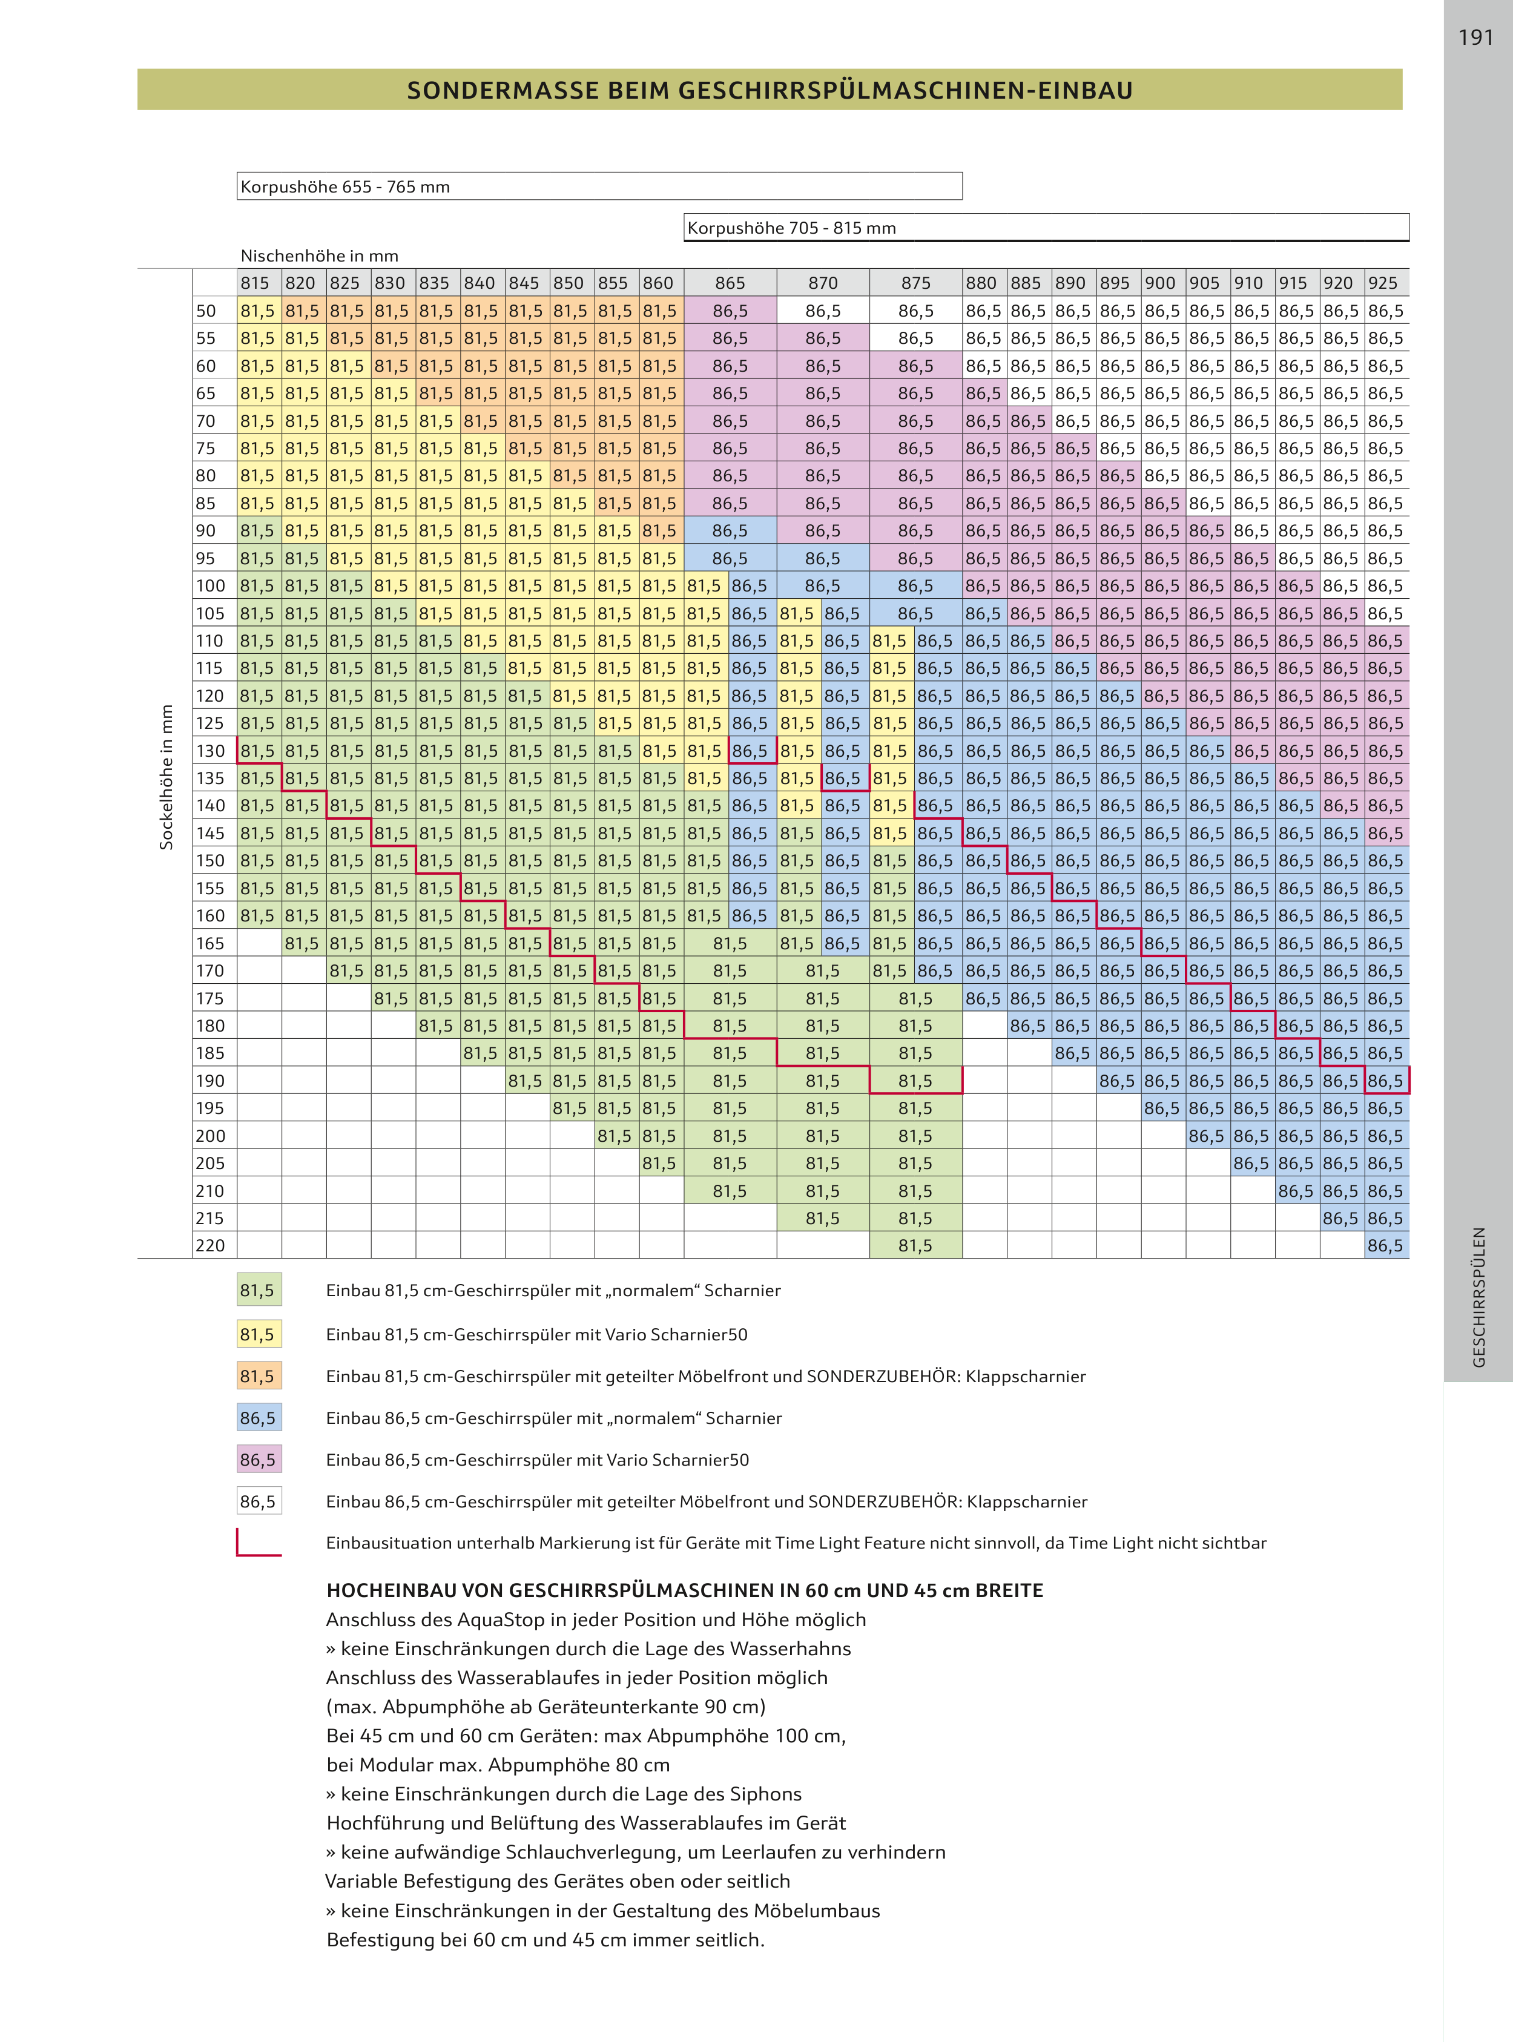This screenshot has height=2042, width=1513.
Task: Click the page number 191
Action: pyautogui.click(x=1475, y=38)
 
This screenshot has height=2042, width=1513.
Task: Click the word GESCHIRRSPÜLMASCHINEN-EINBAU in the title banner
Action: pyautogui.click(x=905, y=91)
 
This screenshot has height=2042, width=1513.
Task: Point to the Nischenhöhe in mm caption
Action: pyautogui.click(x=318, y=255)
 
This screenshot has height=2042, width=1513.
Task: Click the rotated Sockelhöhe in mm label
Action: pyautogui.click(x=166, y=777)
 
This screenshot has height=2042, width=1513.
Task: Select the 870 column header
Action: pyautogui.click(x=822, y=283)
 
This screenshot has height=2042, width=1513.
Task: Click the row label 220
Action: pyautogui.click(x=209, y=1245)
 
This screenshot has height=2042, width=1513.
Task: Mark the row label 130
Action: pyautogui.click(x=209, y=751)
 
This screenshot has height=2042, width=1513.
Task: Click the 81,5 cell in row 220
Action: pyautogui.click(x=915, y=1245)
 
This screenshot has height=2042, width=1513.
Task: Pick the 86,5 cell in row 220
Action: pyautogui.click(x=1385, y=1245)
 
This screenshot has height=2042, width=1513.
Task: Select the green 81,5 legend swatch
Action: pyautogui.click(x=259, y=1290)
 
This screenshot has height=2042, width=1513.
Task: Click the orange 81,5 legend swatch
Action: pyautogui.click(x=259, y=1376)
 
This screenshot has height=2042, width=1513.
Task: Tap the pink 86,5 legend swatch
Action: pyautogui.click(x=259, y=1460)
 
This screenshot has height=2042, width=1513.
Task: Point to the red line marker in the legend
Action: pyautogui.click(x=259, y=1543)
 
